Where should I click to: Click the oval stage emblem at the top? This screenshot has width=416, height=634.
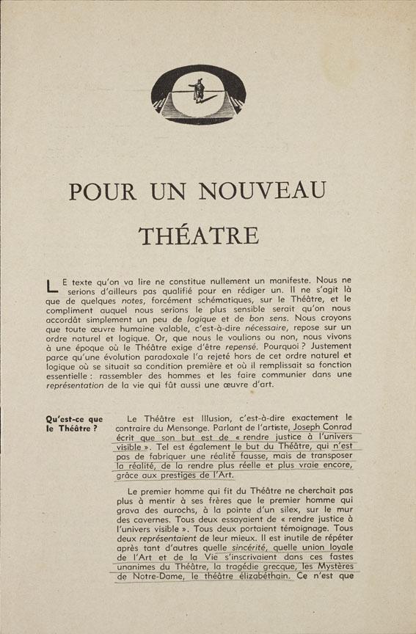pos(197,94)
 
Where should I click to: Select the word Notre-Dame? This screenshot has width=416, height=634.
pos(150,576)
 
